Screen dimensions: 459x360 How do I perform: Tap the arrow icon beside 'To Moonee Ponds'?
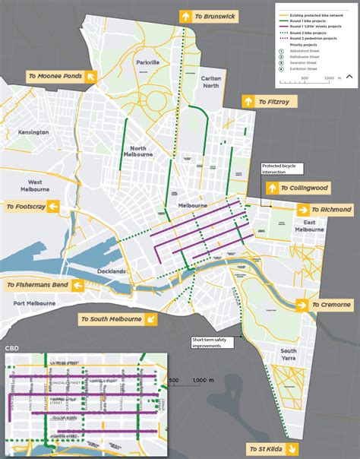pos(90,76)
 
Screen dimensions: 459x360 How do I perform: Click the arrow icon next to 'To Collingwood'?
pos(272,188)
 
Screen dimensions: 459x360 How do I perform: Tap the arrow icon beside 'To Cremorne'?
pos(302,305)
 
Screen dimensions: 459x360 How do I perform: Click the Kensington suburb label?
pos(34,131)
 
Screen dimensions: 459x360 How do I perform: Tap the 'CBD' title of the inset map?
pos(13,348)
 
